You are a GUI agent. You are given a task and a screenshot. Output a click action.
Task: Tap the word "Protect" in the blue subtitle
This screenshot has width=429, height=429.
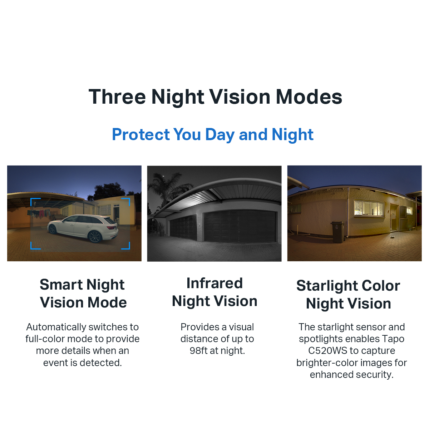click(141, 135)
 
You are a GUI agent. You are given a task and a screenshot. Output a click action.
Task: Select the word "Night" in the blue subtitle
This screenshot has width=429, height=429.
click(292, 135)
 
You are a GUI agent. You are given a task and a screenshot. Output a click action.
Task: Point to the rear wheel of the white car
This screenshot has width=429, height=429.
click(95, 236)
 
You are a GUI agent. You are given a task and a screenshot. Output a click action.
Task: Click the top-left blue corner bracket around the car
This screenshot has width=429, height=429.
click(35, 202)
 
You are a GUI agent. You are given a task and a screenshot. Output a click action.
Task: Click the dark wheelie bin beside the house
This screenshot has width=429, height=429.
click(337, 231)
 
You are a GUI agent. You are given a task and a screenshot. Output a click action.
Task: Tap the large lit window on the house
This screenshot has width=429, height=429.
click(368, 208)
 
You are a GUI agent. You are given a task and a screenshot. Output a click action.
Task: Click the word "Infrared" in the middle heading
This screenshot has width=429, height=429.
click(214, 283)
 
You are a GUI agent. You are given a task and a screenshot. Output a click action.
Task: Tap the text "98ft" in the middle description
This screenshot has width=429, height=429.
click(199, 351)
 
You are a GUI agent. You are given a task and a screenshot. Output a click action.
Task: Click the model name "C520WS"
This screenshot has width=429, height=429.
click(327, 351)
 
